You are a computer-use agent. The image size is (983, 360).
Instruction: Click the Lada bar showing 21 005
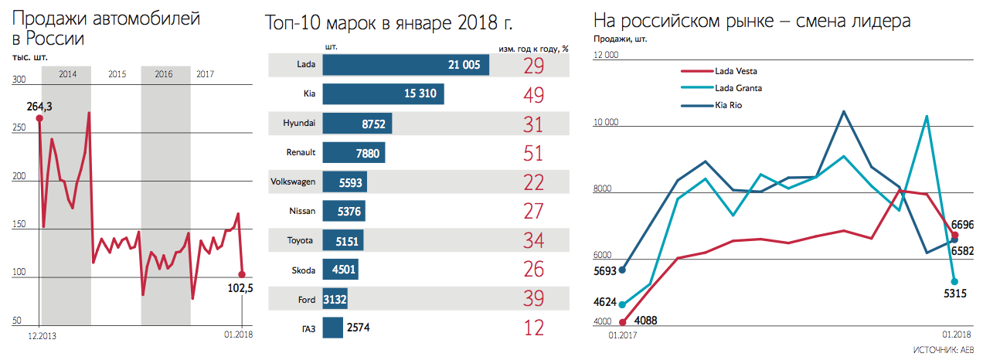tap(406, 65)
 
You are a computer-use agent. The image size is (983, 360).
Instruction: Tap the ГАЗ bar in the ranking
tap(333, 328)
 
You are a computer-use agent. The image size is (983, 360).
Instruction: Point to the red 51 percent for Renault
tap(533, 153)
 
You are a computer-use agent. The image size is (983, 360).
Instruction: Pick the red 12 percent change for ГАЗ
tap(533, 328)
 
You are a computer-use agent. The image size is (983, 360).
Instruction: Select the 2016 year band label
tap(164, 74)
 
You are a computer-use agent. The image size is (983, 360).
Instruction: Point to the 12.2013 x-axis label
tap(43, 335)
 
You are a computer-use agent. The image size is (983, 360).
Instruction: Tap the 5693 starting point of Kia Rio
tap(623, 270)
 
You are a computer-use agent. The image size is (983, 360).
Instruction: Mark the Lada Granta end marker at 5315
tap(955, 281)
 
